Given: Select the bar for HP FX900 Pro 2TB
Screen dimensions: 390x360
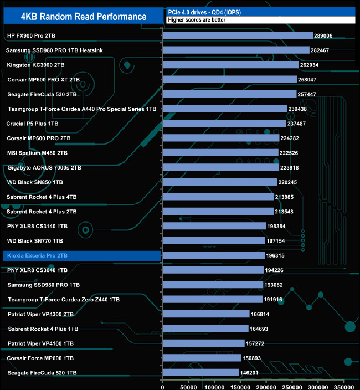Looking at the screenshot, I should [238, 35].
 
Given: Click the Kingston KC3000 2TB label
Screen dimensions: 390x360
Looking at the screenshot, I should [36, 65].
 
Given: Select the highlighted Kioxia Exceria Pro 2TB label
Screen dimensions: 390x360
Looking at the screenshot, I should [38, 256].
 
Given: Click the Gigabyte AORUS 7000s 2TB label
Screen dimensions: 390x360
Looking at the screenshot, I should [44, 167].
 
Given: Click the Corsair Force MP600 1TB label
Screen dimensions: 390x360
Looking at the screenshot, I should [40, 358].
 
